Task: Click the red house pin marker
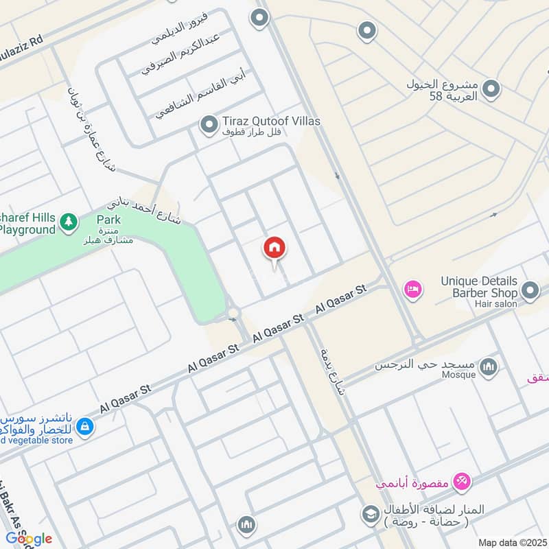click(x=274, y=249)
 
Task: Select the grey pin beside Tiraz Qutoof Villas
click(x=208, y=125)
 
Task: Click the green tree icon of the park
click(x=67, y=222)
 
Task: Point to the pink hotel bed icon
click(x=412, y=290)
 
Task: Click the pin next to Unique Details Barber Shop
click(x=529, y=291)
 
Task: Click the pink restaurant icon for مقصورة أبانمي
click(x=462, y=482)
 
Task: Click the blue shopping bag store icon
click(x=84, y=427)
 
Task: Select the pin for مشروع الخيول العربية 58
click(x=491, y=89)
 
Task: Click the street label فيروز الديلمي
click(x=178, y=29)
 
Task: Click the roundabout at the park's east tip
click(x=233, y=314)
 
